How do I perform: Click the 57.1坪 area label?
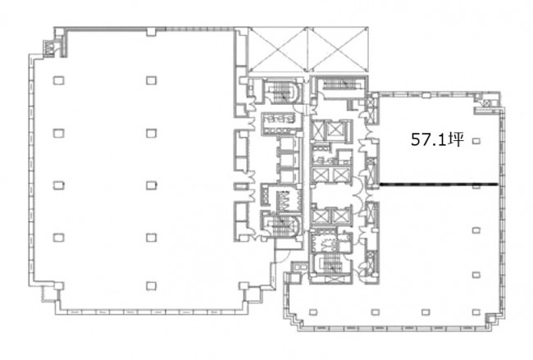[437, 139]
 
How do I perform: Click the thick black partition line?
[439, 185]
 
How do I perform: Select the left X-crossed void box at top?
[278, 50]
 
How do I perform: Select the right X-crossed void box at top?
[338, 50]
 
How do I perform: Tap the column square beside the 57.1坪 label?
[476, 140]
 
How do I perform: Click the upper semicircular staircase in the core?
[283, 92]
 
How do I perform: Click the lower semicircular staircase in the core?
[283, 226]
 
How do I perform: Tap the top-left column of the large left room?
[58, 80]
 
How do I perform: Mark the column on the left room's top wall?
[151, 32]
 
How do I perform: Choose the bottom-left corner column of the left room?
[58, 286]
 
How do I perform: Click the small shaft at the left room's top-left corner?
[50, 48]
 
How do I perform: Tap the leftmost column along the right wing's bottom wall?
[313, 312]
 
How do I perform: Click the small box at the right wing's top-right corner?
[487, 103]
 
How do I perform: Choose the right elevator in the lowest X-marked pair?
[341, 216]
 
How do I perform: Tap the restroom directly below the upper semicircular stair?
[281, 120]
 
